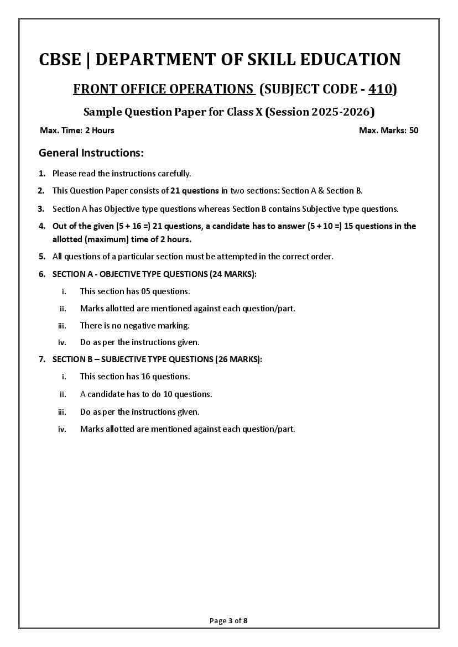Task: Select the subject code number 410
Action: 381,89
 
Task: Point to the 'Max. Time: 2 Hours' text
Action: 77,131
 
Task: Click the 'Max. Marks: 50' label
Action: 388,131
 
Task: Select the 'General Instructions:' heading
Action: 91,153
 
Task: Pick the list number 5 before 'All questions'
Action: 41,256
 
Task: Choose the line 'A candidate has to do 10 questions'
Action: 146,394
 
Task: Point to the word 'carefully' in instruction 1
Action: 173,174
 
